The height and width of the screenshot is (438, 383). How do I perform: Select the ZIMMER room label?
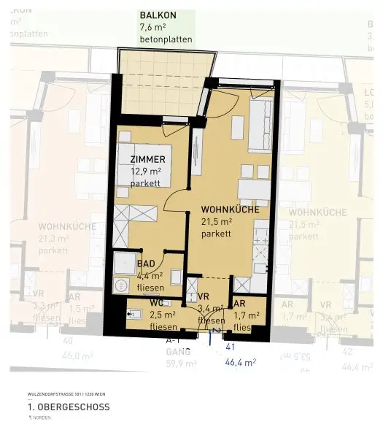click(147, 159)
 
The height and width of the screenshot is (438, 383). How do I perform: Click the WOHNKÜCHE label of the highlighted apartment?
click(230, 210)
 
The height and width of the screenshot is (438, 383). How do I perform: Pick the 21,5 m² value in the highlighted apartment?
click(217, 222)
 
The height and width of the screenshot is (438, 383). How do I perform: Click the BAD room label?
click(146, 264)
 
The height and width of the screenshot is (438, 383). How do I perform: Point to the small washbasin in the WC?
click(133, 315)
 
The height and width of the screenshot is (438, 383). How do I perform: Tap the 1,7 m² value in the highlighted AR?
click(247, 315)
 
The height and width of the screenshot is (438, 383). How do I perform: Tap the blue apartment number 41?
click(231, 347)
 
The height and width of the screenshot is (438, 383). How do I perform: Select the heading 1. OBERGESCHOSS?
click(69, 407)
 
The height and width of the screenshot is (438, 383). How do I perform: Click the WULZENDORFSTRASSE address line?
click(61, 393)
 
